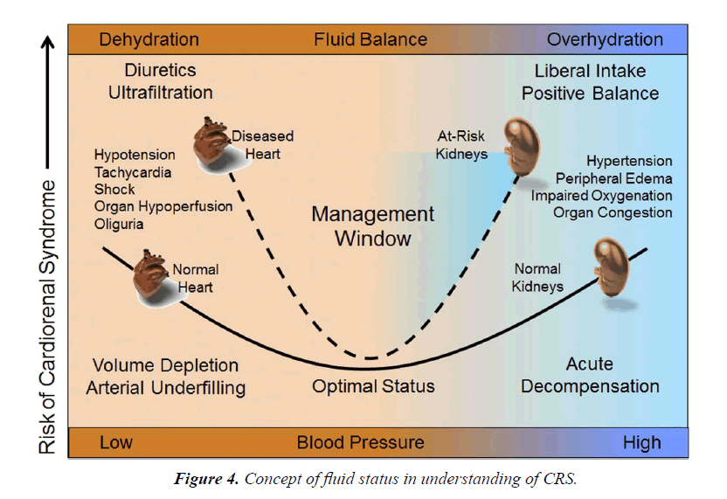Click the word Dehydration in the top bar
[149, 39]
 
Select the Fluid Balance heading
[370, 39]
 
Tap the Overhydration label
[605, 39]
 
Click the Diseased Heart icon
[211, 144]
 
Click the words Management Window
[373, 226]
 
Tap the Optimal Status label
[373, 385]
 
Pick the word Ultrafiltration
[160, 92]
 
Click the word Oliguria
[119, 225]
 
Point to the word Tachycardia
[132, 172]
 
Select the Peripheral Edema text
[616, 178]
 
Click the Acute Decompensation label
[590, 375]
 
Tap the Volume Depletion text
[165, 365]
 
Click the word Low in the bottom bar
[116, 442]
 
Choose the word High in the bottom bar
[641, 442]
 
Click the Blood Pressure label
[360, 442]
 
